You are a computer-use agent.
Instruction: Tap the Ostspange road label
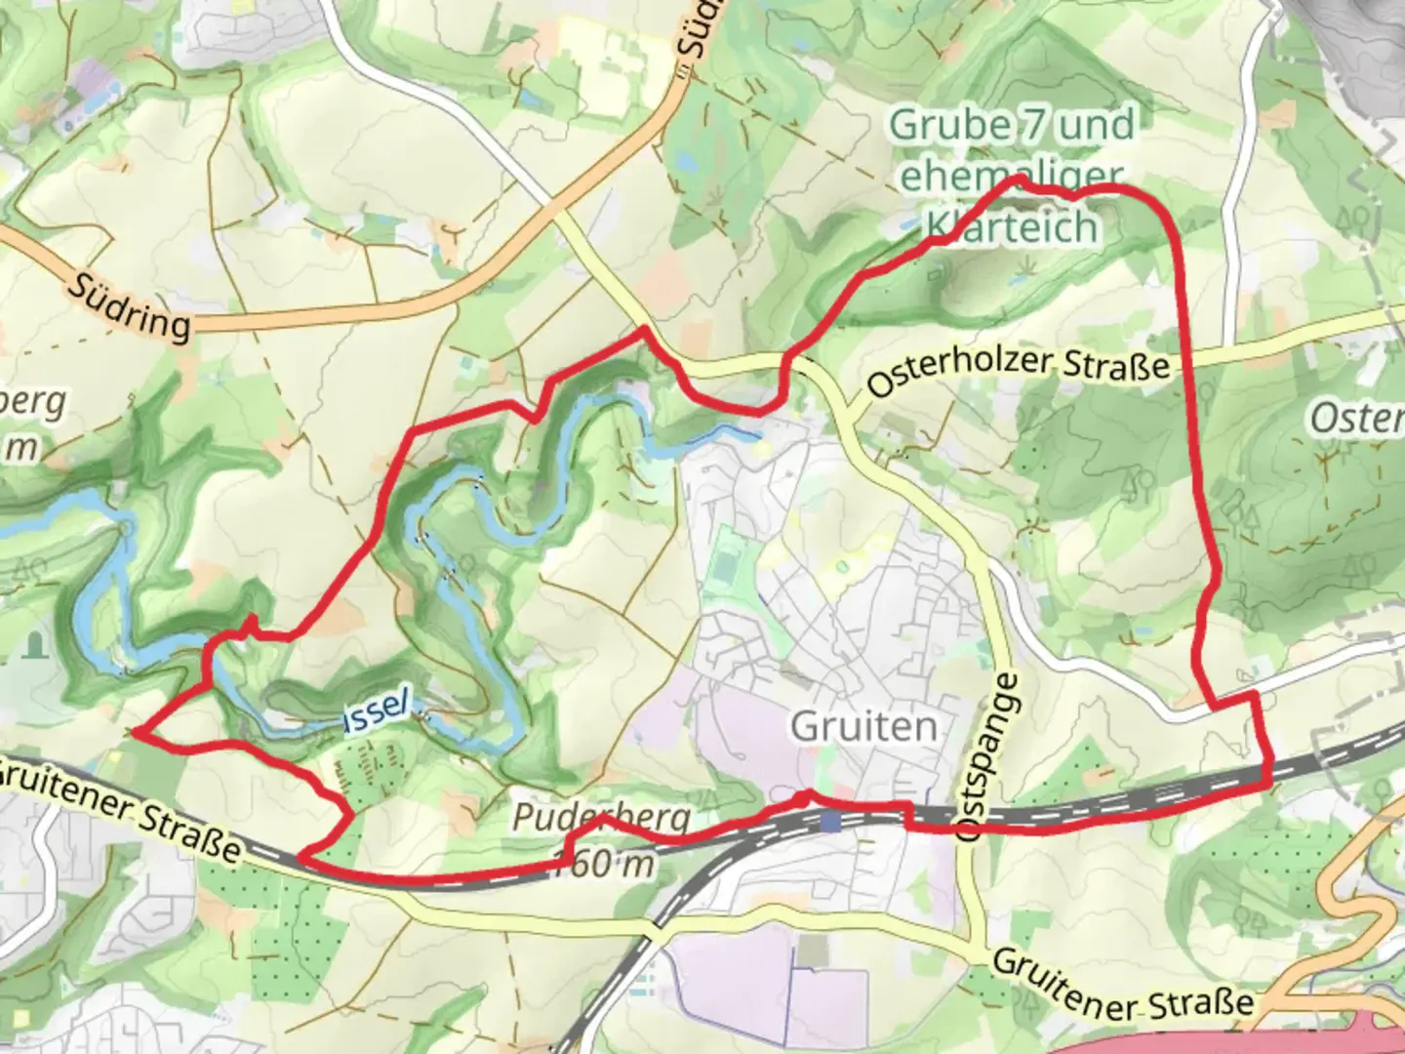[993, 757]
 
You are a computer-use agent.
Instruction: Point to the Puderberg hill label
[600, 818]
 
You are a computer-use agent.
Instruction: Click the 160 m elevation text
[605, 863]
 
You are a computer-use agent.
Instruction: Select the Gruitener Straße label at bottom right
[1122, 986]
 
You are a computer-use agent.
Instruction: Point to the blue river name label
[375, 710]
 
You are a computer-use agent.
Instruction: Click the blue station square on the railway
[830, 822]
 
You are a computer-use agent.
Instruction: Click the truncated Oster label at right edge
[1356, 418]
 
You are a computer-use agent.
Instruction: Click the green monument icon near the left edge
[37, 644]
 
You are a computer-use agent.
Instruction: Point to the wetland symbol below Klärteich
[1024, 265]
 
